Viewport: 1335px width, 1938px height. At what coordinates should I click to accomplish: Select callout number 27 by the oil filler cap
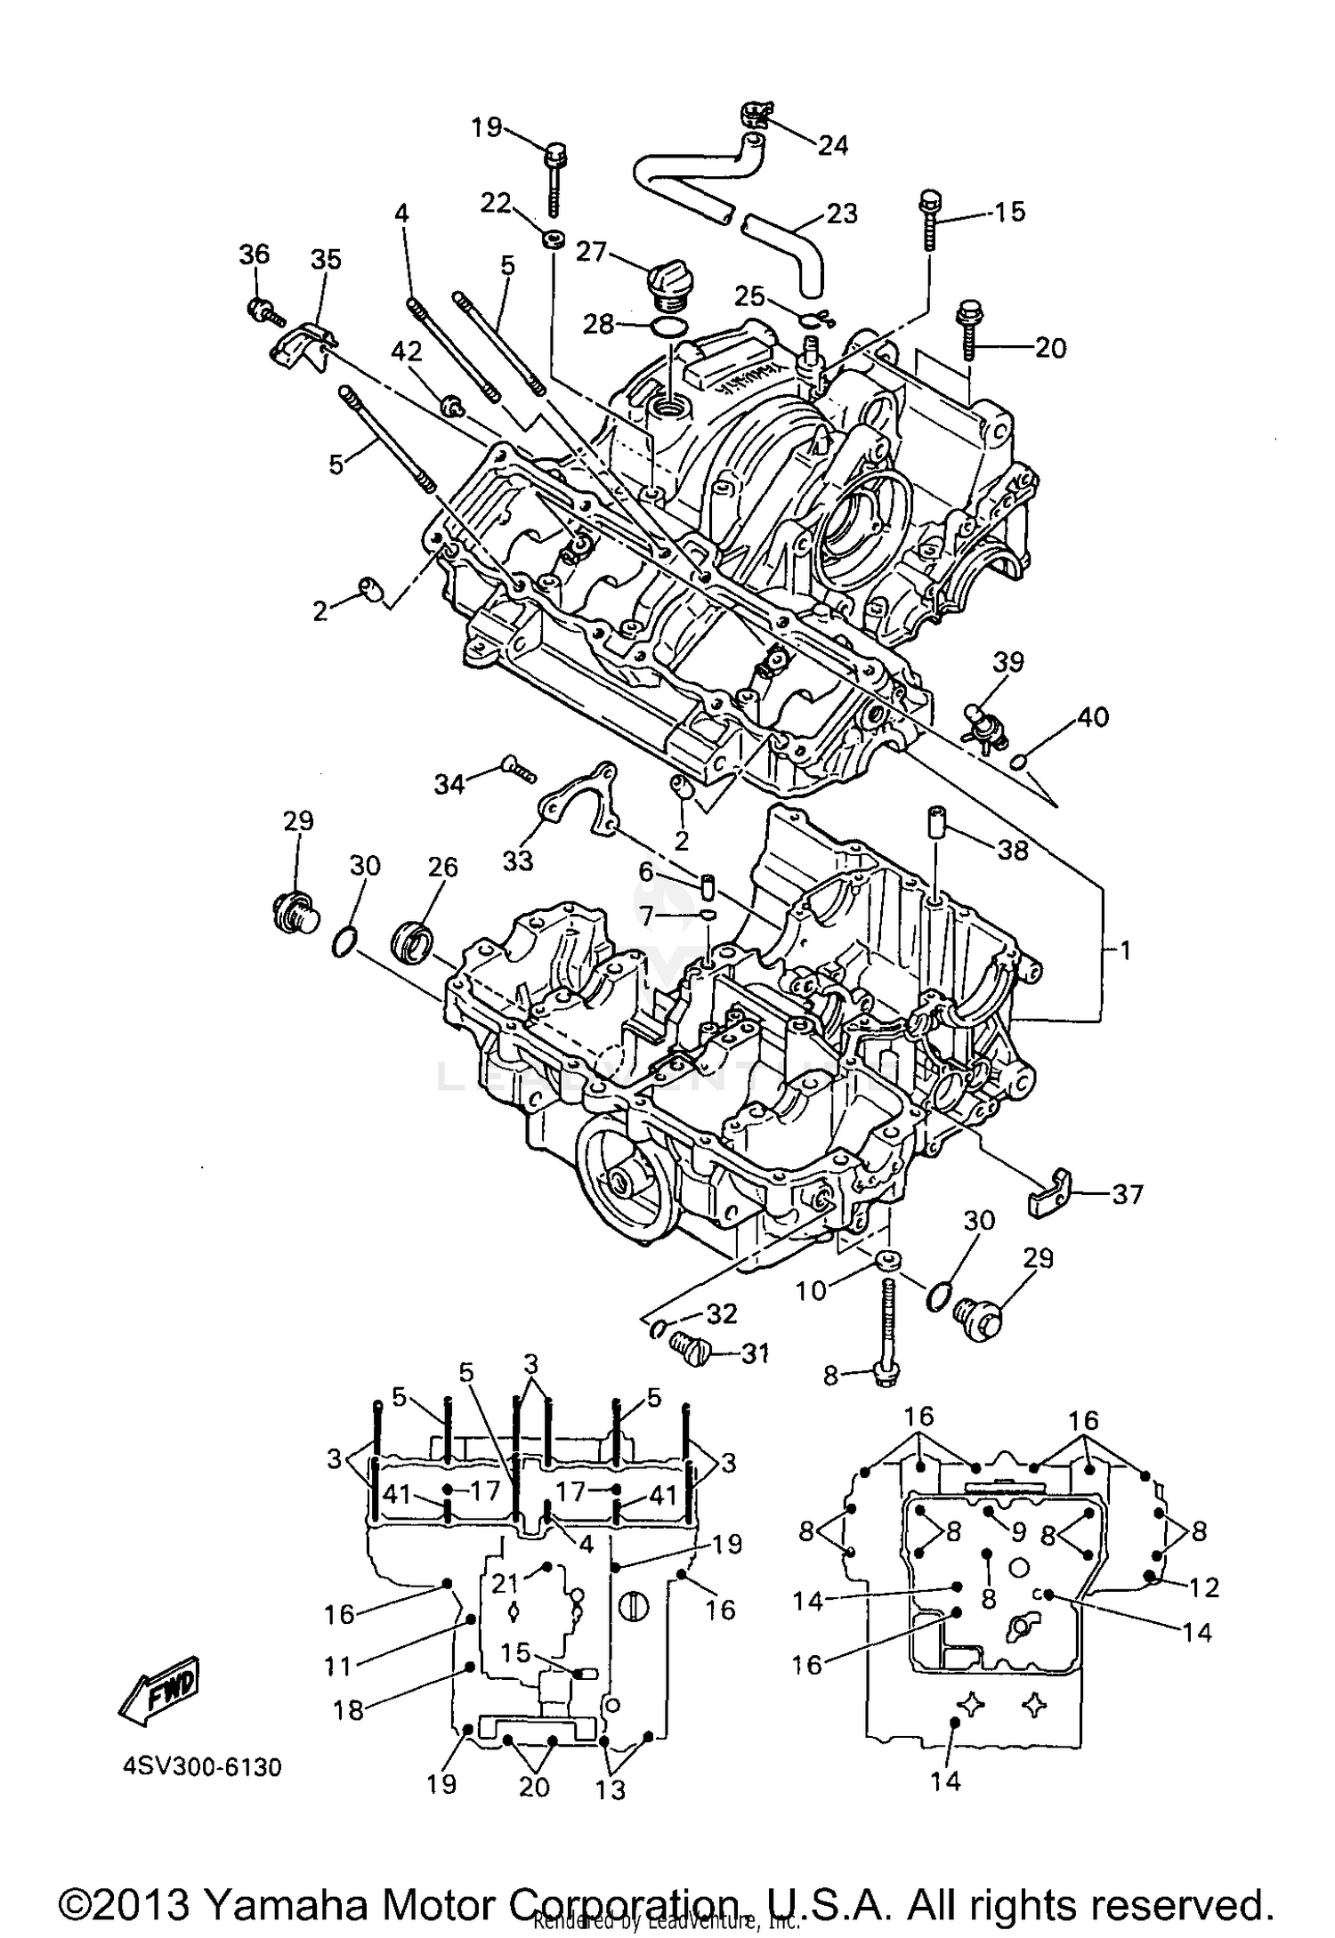click(591, 252)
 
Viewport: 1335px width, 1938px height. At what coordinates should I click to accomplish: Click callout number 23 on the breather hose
click(842, 214)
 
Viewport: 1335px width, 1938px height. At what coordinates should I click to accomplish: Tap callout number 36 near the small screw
click(254, 255)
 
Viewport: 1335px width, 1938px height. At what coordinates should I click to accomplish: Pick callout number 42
click(408, 352)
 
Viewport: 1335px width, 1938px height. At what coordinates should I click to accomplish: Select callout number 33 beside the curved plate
click(518, 860)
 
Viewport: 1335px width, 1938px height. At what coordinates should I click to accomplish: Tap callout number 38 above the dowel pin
click(1013, 850)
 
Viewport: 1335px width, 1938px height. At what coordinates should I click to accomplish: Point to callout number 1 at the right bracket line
click(1125, 951)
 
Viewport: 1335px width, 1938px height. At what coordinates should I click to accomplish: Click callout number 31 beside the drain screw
click(754, 1354)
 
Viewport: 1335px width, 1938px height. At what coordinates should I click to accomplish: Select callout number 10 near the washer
click(810, 1290)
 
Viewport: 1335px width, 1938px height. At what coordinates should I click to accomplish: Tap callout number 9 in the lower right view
click(1018, 1531)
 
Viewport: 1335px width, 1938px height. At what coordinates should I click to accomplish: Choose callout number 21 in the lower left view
click(506, 1582)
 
